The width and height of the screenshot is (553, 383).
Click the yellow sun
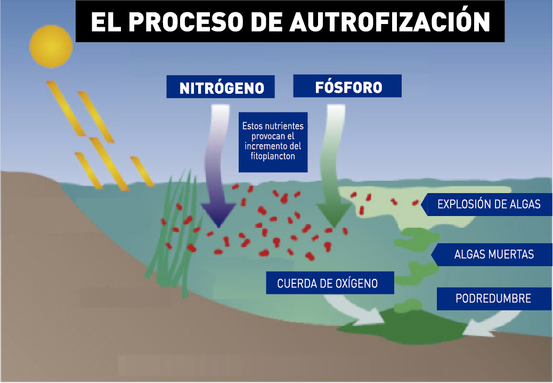(x=51, y=45)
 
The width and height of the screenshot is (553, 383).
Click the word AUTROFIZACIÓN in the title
(x=390, y=22)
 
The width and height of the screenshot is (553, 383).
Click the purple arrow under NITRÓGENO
(x=218, y=176)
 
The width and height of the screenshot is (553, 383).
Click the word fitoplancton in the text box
(x=272, y=157)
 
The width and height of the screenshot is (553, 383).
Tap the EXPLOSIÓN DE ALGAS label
(x=489, y=204)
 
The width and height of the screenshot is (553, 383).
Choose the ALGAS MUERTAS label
(x=494, y=254)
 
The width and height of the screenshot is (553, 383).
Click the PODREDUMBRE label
(x=493, y=298)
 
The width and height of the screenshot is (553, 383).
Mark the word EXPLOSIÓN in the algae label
(x=462, y=204)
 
